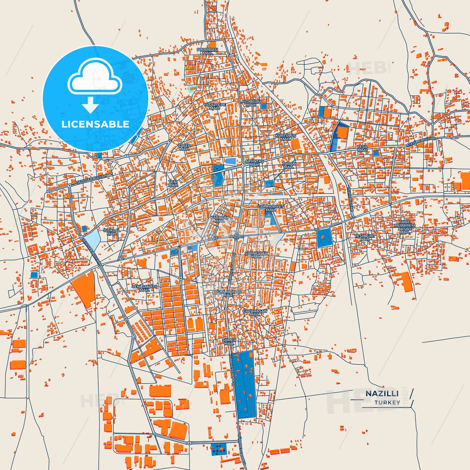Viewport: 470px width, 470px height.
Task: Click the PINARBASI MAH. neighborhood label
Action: (207, 51)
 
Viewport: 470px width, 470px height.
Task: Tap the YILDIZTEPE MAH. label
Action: (214, 106)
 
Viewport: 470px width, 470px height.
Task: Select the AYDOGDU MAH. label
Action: (251, 103)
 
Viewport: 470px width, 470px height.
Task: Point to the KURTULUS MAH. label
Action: (286, 137)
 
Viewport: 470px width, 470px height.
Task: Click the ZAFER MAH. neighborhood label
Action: (184, 147)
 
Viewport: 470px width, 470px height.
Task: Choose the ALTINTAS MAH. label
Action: (254, 163)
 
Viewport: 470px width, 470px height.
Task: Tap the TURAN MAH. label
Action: (289, 165)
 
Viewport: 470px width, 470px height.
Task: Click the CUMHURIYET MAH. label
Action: (271, 208)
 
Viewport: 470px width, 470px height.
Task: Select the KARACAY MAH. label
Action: (220, 219)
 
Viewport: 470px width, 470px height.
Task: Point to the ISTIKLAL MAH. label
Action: (112, 232)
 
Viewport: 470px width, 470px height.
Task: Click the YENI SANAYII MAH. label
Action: (145, 288)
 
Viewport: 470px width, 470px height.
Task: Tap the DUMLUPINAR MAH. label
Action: (228, 293)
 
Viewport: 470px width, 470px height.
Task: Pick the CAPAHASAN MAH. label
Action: (255, 313)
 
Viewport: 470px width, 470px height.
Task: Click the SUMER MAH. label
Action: (229, 342)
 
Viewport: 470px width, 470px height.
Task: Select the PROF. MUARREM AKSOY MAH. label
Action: (405, 227)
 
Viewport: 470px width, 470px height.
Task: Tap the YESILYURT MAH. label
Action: (365, 237)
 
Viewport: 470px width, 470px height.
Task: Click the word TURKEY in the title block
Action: (387, 402)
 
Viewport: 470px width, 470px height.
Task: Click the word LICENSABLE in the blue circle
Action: (95, 124)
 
